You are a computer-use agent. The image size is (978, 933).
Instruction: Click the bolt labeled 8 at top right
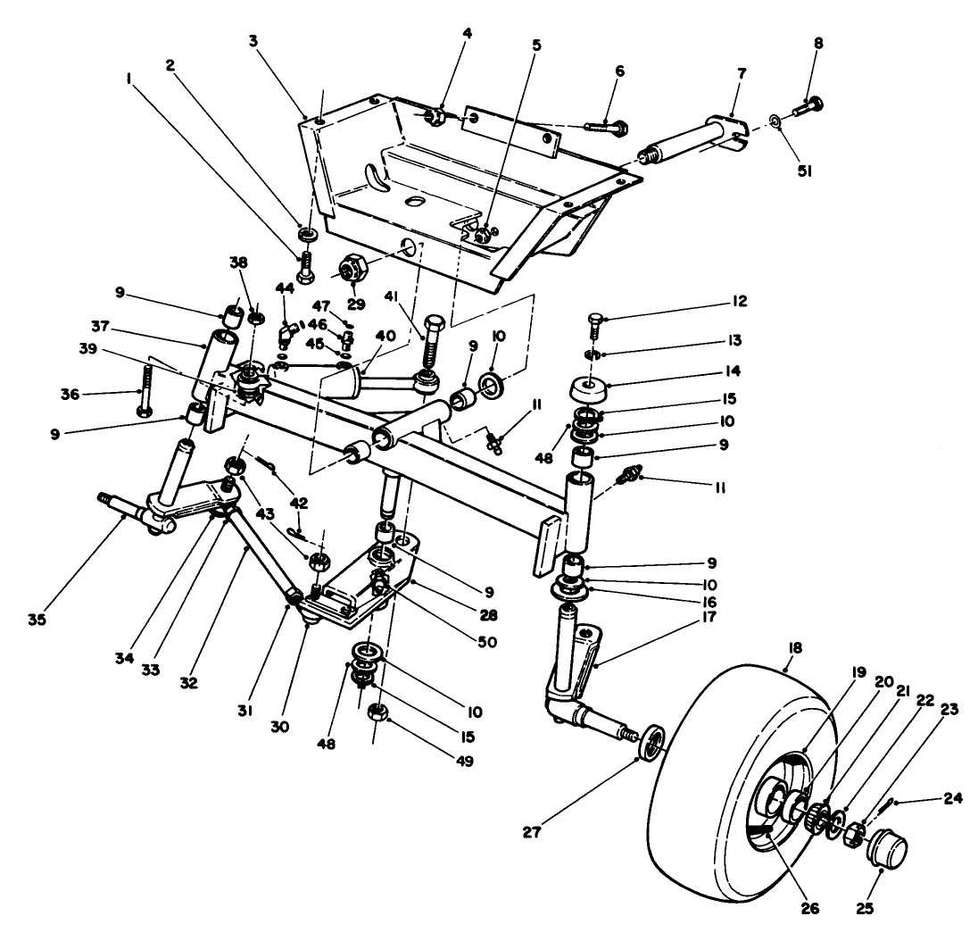[807, 108]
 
